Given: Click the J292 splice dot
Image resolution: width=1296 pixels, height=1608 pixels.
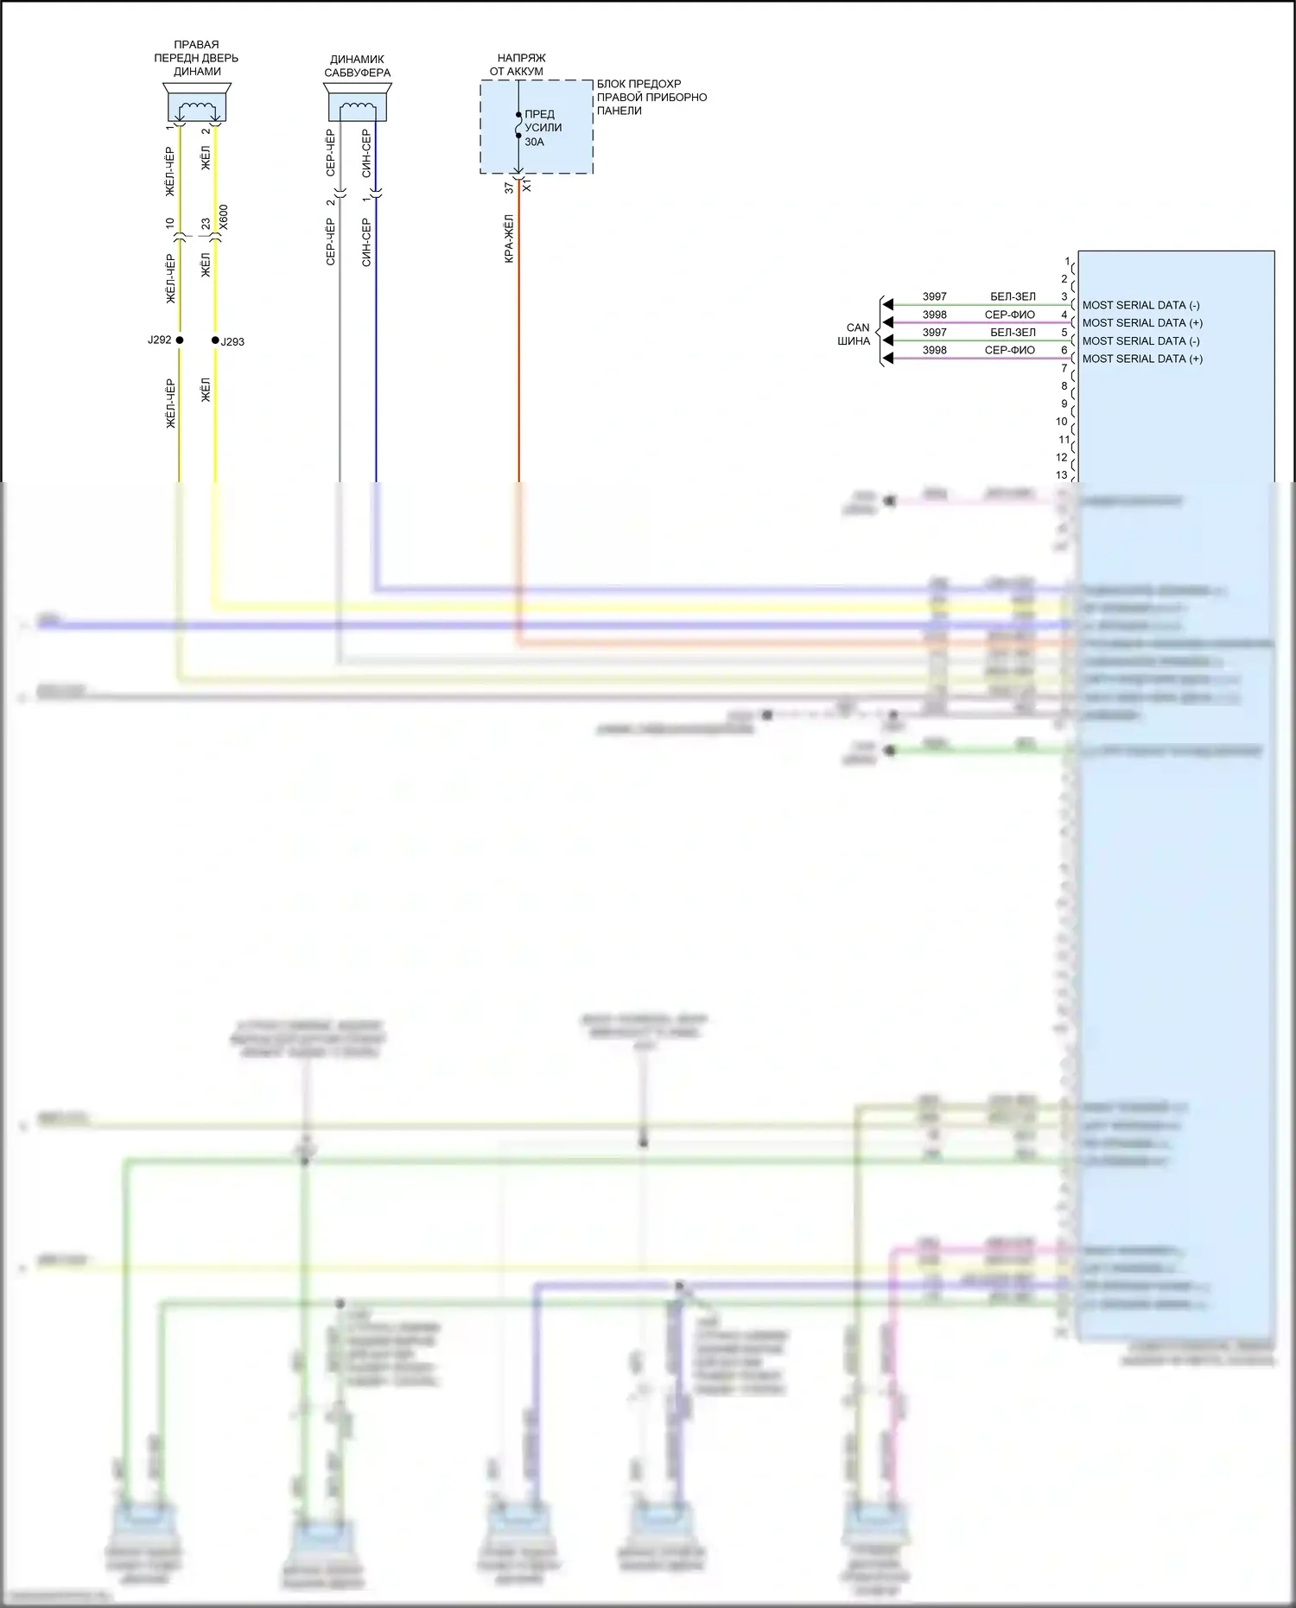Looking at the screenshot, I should pyautogui.click(x=180, y=340).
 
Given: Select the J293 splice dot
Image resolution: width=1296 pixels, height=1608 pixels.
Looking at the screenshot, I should pyautogui.click(x=215, y=340).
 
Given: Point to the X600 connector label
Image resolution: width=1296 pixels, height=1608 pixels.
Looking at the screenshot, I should pyautogui.click(x=224, y=216).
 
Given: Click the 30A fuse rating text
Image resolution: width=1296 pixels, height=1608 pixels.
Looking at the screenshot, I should pyautogui.click(x=535, y=142).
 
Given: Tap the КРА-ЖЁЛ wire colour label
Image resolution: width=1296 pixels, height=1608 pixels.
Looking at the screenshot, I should pyautogui.click(x=509, y=238).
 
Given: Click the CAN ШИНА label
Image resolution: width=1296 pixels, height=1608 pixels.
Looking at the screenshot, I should pyautogui.click(x=855, y=334).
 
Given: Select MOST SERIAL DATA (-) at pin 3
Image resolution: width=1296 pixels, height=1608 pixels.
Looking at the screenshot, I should pyautogui.click(x=1140, y=305).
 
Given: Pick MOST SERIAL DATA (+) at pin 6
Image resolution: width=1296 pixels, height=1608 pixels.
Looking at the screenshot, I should pyautogui.click(x=1142, y=359).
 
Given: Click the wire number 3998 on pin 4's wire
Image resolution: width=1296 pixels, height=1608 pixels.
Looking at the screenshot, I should pyautogui.click(x=934, y=315).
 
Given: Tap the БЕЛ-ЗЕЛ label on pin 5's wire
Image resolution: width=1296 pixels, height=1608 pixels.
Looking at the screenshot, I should pyautogui.click(x=1013, y=333).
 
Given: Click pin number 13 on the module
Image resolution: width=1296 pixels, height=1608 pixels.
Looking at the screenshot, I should pyautogui.click(x=1061, y=475).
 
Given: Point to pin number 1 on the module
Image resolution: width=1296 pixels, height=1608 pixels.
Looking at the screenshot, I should pyautogui.click(x=1067, y=261).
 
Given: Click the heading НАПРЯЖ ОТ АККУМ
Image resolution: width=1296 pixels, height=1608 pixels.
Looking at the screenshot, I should pyautogui.click(x=518, y=65).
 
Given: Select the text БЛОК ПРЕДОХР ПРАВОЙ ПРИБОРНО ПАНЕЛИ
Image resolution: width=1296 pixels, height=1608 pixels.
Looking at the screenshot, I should pyautogui.click(x=651, y=97).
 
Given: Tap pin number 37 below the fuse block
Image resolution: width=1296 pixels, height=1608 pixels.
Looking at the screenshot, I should pyautogui.click(x=509, y=187).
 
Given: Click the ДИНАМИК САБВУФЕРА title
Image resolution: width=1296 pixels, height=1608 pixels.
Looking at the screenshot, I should pyautogui.click(x=358, y=66).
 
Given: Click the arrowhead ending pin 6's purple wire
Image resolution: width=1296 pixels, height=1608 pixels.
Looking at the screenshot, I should pyautogui.click(x=887, y=359).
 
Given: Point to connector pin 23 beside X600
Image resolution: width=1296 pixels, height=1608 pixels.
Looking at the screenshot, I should pyautogui.click(x=206, y=223).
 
